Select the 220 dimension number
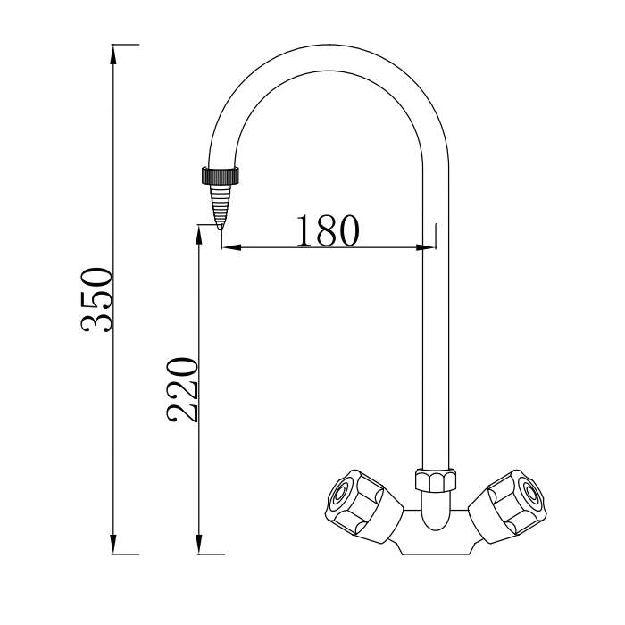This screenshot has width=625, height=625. (x=182, y=389)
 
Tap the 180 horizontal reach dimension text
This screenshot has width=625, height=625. (x=327, y=230)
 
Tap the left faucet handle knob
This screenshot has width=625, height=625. (x=354, y=503)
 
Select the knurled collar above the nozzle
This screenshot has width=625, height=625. (x=219, y=174)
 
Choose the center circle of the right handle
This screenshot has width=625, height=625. (x=529, y=494)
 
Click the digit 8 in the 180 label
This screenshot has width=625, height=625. (x=327, y=230)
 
